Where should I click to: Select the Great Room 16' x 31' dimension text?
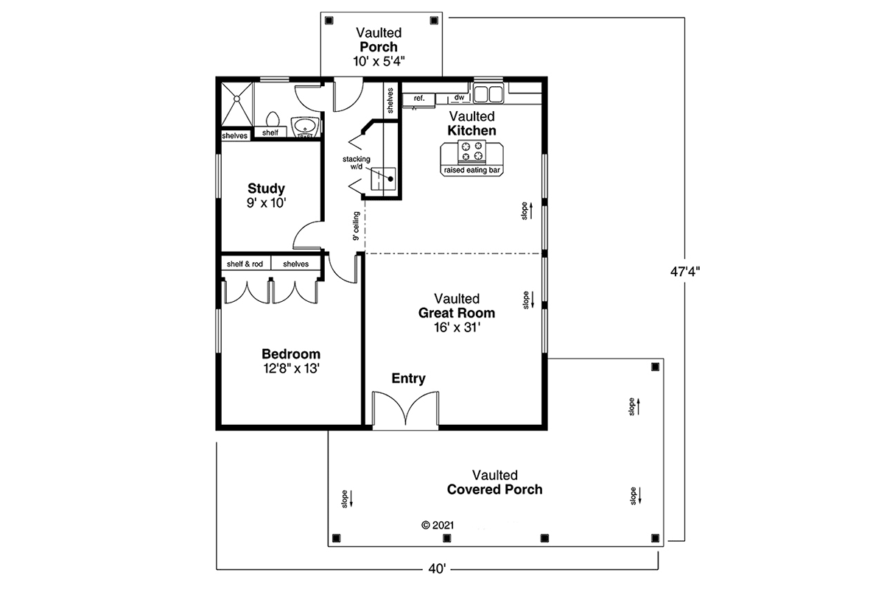(457, 327)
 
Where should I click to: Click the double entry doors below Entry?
(402, 411)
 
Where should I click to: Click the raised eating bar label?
(471, 171)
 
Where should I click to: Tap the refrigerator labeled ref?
(418, 98)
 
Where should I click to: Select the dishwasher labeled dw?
(458, 97)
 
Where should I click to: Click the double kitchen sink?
(487, 94)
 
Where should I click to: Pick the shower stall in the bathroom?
(237, 103)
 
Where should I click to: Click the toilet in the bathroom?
(272, 120)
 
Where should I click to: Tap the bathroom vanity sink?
(304, 127)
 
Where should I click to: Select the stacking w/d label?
(356, 163)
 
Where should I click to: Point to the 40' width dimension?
(438, 568)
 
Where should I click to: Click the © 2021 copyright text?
(437, 526)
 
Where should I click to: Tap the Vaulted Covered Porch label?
(494, 482)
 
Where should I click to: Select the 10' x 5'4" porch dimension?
(379, 61)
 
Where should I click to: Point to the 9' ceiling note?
(356, 226)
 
